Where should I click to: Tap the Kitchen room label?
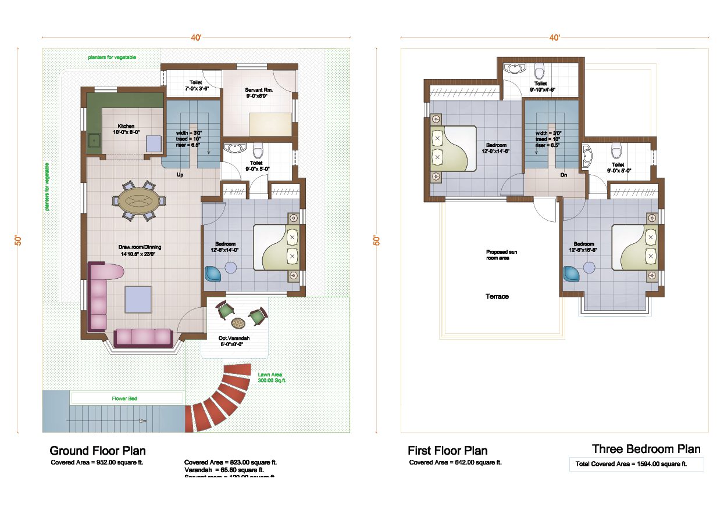tap(126, 129)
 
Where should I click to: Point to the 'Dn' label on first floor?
tap(563, 174)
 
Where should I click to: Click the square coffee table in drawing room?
tap(138, 300)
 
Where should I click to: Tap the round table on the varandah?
tap(238, 322)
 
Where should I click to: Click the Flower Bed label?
tap(124, 398)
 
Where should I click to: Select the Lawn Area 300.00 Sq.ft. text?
tap(272, 377)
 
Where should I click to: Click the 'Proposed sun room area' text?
tap(501, 254)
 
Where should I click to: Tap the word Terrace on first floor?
tap(497, 297)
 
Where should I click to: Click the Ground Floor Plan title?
tap(98, 451)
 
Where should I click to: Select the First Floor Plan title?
tap(447, 451)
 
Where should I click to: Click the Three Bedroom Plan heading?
tap(646, 449)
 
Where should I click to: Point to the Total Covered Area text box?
tap(636, 464)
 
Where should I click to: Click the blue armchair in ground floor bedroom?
tap(213, 274)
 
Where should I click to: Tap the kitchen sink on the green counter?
tap(94, 141)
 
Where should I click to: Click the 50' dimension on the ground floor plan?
tap(19, 240)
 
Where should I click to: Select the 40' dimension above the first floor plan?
tap(555, 38)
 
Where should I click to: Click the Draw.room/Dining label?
tap(137, 250)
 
